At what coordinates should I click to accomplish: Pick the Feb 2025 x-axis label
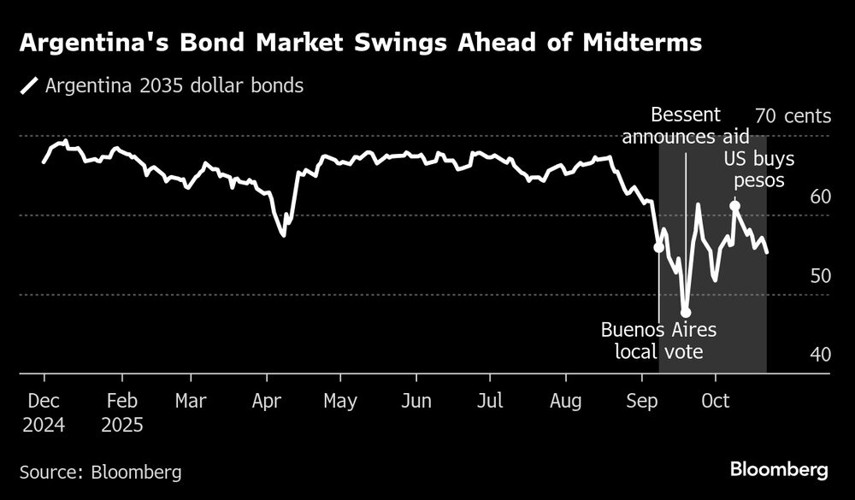(x=121, y=412)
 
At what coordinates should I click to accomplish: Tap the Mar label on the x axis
(x=190, y=401)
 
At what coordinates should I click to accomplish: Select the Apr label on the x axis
(x=268, y=401)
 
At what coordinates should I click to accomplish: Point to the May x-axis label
(x=341, y=401)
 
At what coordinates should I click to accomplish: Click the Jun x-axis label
(x=416, y=401)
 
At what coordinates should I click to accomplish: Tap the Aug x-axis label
(x=566, y=401)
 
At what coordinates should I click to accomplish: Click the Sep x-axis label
(x=642, y=401)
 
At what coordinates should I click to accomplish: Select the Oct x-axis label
(x=716, y=401)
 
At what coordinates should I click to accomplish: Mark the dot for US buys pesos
(x=734, y=206)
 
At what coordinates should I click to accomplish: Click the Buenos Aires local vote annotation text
(x=658, y=340)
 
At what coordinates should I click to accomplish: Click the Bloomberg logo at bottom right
(x=779, y=470)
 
